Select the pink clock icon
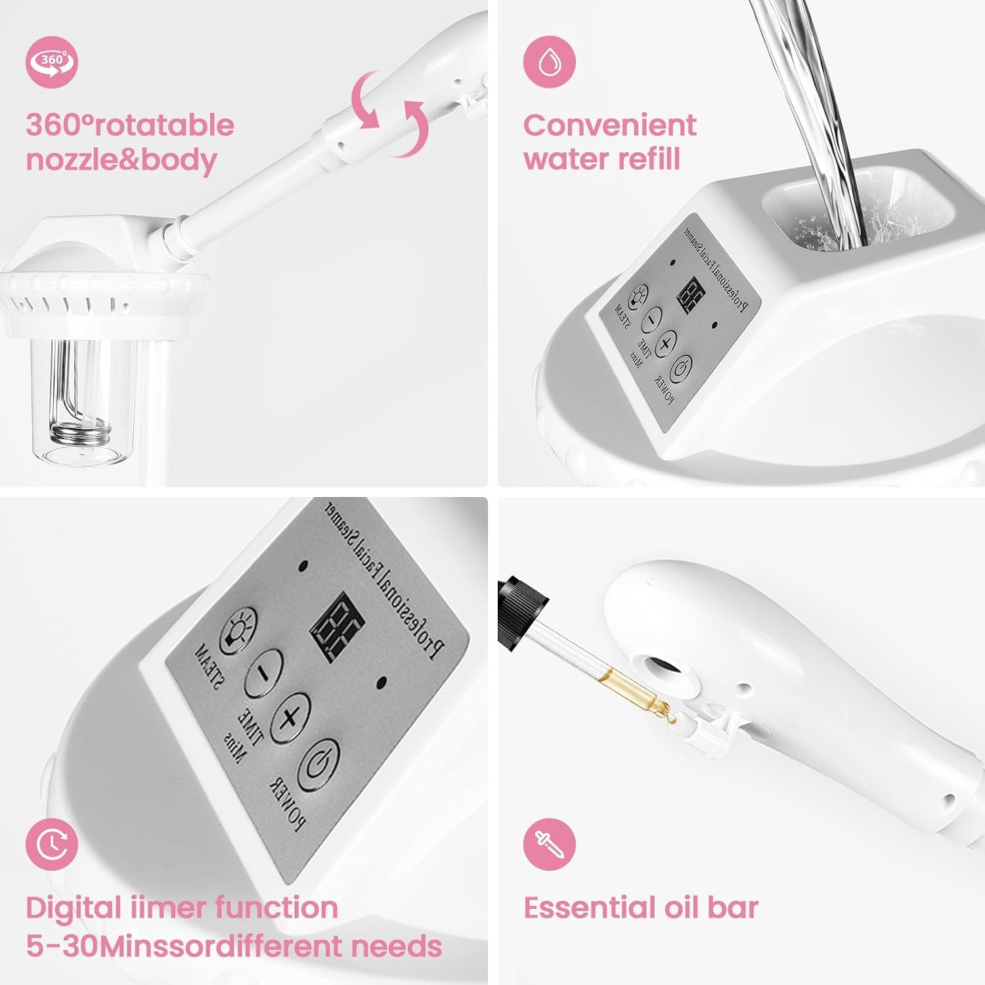pos(52,844)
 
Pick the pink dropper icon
pos(549,844)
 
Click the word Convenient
pos(609,125)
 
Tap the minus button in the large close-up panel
pos(263,672)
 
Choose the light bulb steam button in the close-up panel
pos(238,630)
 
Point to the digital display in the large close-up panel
pos(338,628)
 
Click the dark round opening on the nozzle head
pos(663,673)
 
